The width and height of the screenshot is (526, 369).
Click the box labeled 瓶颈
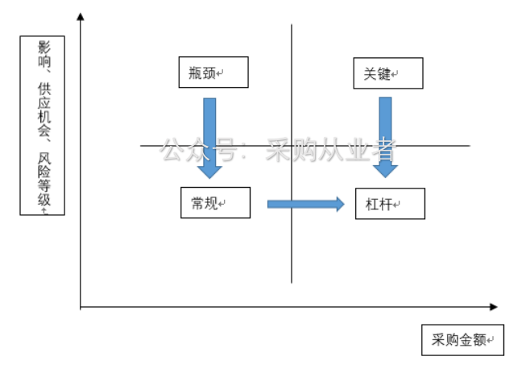click(x=213, y=72)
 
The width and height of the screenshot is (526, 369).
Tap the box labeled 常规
click(x=215, y=202)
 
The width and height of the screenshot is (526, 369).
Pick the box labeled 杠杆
click(x=389, y=204)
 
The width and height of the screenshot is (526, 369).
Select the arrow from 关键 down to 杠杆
click(x=385, y=135)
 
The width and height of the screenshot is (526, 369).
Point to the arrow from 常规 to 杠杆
click(x=305, y=204)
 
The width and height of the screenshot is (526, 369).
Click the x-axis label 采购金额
click(x=462, y=340)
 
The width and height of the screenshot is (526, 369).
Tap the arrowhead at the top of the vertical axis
click(x=81, y=18)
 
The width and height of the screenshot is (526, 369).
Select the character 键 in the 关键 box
click(x=383, y=73)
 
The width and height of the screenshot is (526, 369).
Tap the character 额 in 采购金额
click(x=479, y=340)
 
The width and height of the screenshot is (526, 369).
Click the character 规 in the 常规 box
click(x=210, y=203)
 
